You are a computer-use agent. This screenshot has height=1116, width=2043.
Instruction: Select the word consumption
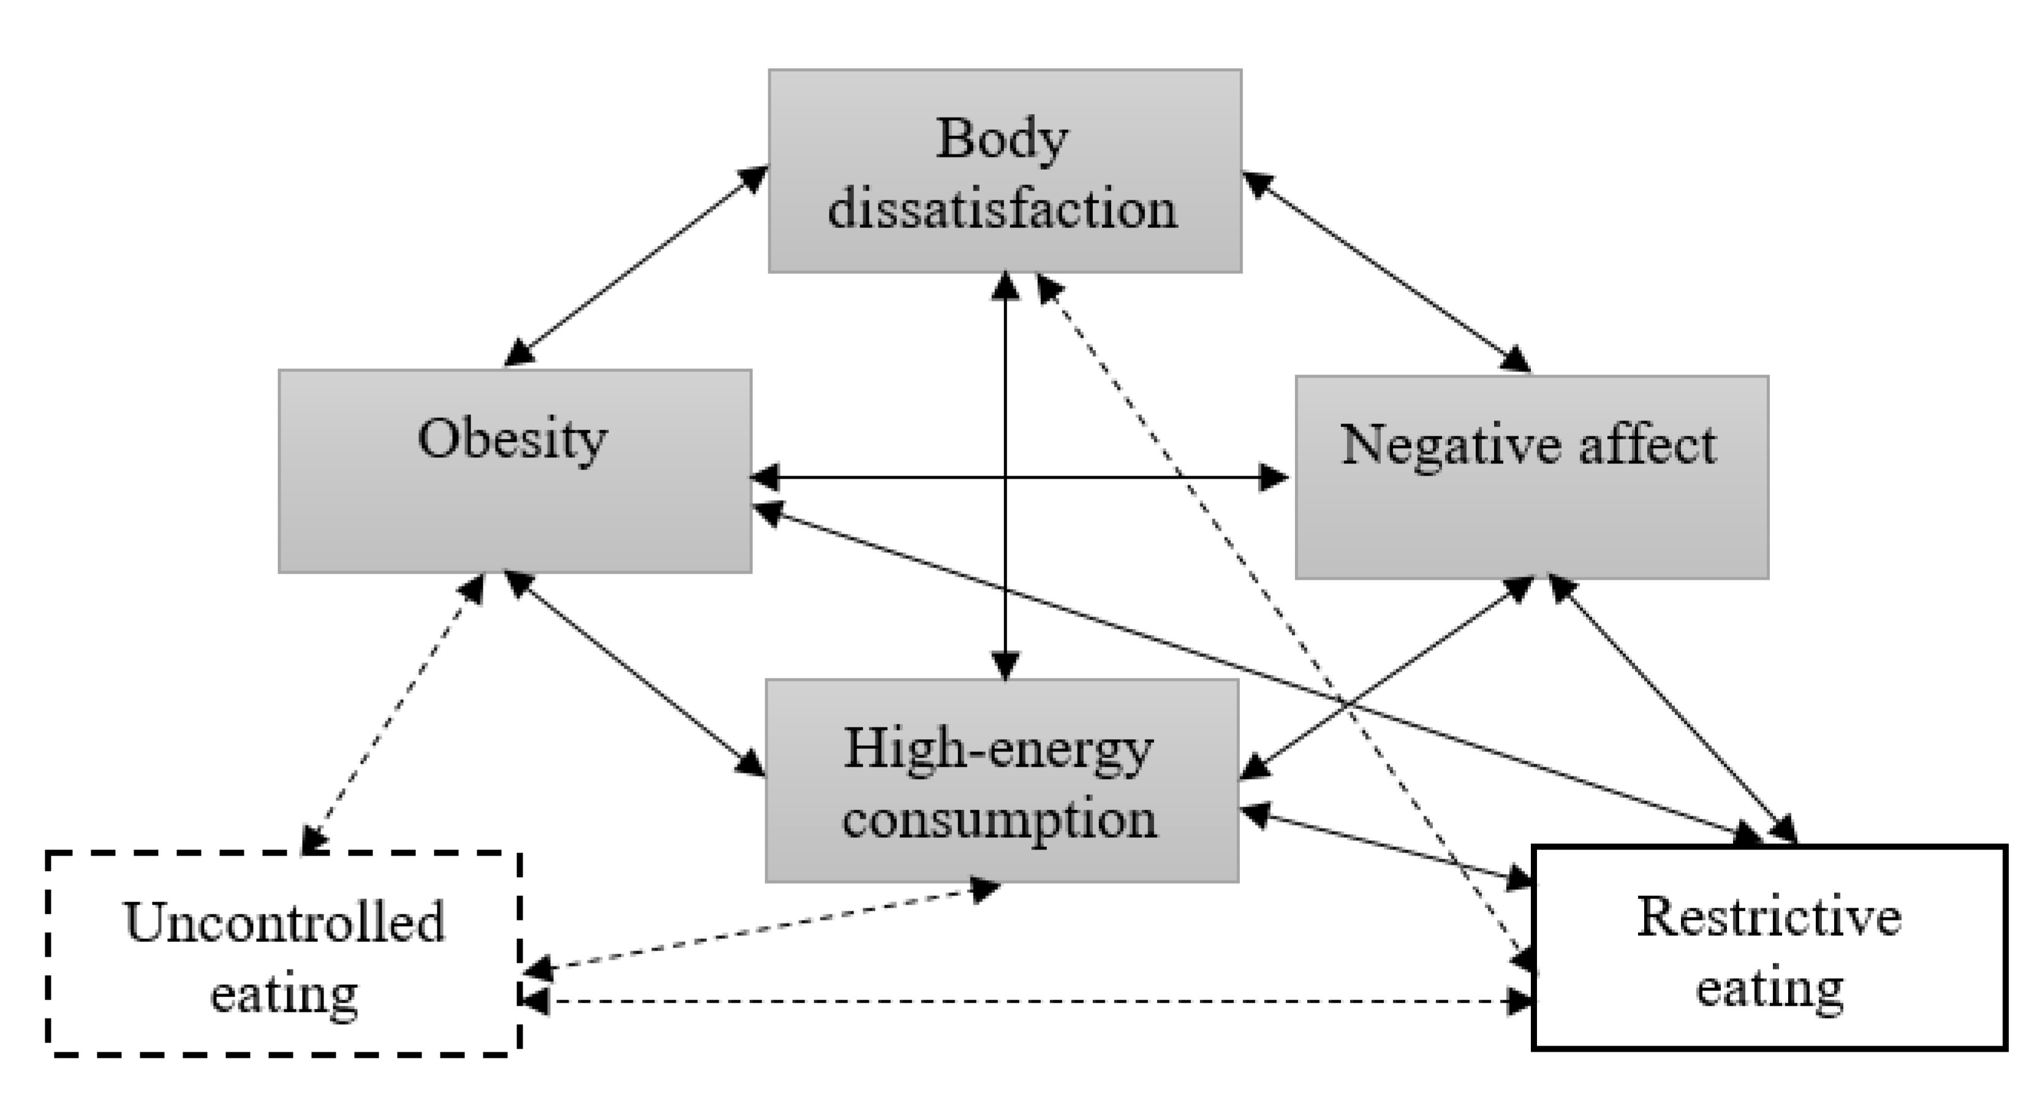(999, 819)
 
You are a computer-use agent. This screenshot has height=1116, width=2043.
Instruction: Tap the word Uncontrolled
(284, 922)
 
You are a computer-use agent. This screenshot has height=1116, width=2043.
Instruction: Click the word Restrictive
(1769, 917)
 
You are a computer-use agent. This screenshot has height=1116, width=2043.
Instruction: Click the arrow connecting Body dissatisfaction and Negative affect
(1386, 272)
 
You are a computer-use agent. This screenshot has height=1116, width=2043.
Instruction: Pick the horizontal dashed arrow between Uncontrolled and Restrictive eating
(1027, 1002)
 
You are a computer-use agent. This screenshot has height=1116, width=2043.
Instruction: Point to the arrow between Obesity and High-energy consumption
(635, 673)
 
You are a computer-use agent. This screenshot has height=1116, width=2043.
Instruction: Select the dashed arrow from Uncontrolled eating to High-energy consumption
(761, 930)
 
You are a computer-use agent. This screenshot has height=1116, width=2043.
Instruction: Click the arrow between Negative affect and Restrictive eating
(1672, 709)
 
